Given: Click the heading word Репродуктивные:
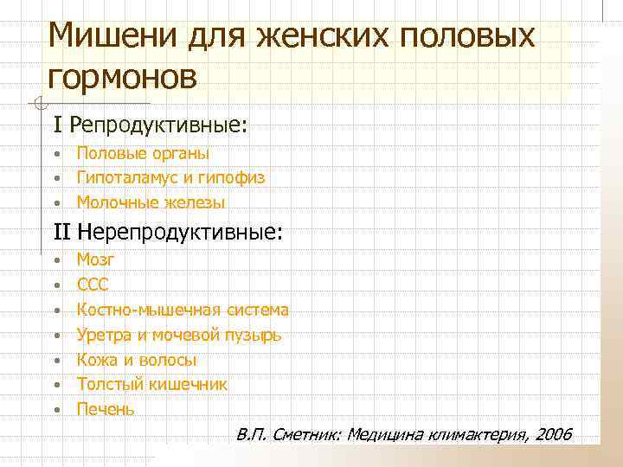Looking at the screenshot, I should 158,126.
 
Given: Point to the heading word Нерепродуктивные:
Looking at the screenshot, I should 180,231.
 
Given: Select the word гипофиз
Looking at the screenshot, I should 231,178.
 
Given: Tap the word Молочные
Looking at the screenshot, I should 112,203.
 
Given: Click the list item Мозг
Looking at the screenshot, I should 95,259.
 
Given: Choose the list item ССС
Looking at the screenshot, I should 93,284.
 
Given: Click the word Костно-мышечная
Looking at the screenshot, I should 150,309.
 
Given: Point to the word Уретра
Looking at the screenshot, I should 102,334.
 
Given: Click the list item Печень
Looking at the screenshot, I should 106,409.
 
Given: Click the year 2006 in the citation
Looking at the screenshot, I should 553,433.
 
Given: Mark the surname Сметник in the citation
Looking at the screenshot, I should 303,433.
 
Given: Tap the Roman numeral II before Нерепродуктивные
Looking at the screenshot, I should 62,231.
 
